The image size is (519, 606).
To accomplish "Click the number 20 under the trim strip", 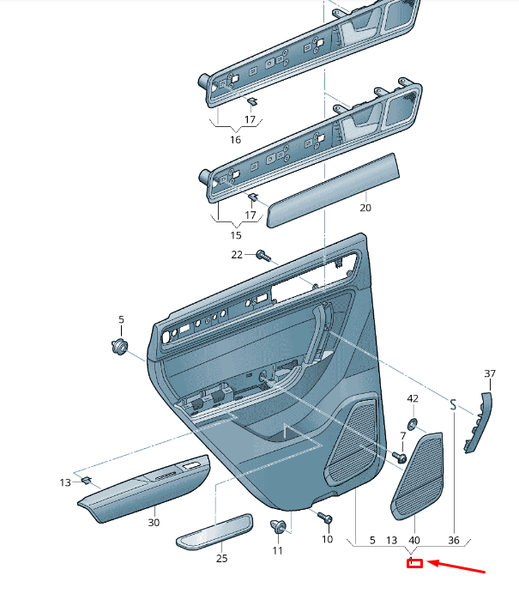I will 365,208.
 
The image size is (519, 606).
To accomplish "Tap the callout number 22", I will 237,254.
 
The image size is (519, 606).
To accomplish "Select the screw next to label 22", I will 263,255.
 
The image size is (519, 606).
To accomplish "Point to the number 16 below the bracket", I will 235,139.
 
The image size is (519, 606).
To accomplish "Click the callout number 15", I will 235,235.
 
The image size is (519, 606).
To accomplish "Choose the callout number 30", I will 154,523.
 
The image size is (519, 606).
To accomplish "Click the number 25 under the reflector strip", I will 221,559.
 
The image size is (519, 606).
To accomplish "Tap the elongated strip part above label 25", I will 214,530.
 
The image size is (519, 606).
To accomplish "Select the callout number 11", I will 277,550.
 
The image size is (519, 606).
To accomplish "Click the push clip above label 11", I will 277,527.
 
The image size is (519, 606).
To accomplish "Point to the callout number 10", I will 327,540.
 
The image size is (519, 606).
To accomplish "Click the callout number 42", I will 413,398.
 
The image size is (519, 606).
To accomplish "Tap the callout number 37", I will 490,373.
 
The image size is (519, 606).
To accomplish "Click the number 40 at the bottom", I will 413,541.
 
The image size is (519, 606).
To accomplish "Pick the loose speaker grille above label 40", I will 419,476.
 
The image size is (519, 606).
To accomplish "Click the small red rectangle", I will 414,563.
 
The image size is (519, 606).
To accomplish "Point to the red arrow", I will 456,567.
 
